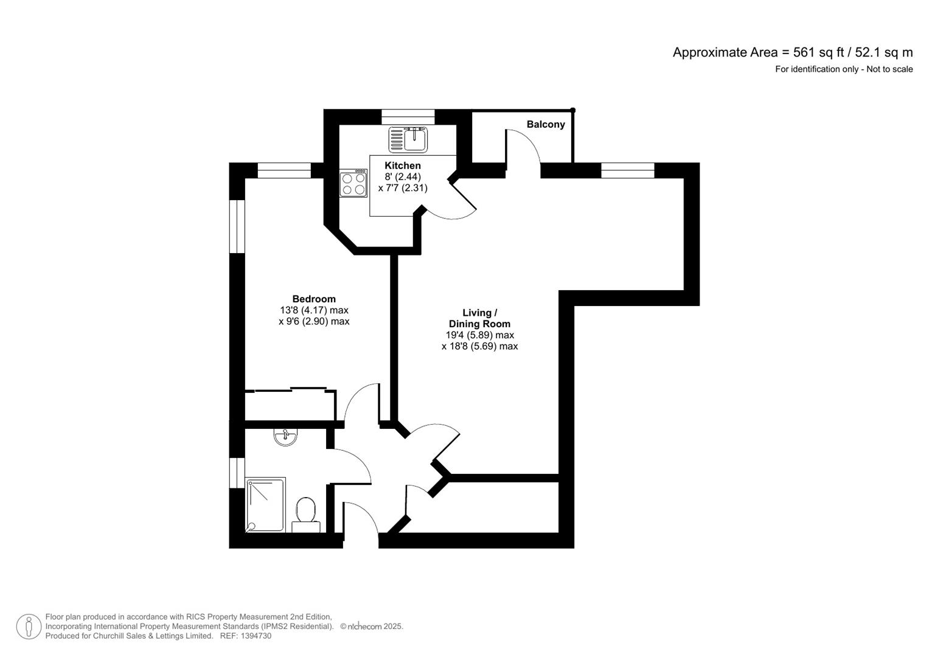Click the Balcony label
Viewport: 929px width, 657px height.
pos(546,124)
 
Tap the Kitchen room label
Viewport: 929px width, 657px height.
pos(402,165)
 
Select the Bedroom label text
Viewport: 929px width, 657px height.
pos(314,299)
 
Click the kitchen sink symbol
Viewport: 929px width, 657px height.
pos(408,139)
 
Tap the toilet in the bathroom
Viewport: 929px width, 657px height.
pos(305,515)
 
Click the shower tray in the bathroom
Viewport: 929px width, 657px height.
pos(266,505)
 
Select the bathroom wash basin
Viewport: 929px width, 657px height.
pos(285,436)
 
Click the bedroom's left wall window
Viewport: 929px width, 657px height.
pos(237,226)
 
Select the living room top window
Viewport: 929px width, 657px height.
pos(627,170)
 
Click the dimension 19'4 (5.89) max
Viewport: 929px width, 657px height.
pos(479,335)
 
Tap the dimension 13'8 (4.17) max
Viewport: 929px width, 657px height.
pos(314,310)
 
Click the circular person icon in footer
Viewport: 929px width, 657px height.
pos(29,627)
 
